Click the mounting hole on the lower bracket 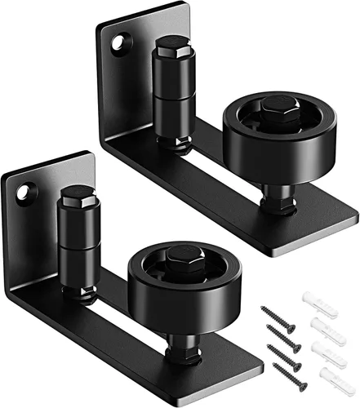click(31, 191)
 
